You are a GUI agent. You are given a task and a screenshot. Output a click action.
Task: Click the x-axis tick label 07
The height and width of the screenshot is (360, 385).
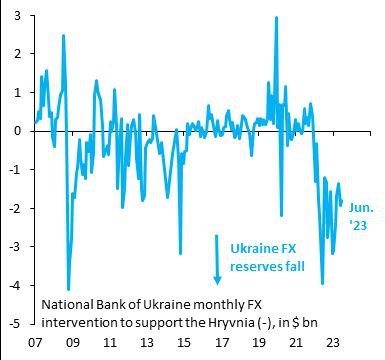(35, 342)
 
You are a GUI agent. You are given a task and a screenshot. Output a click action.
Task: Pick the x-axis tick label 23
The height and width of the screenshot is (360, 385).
(336, 342)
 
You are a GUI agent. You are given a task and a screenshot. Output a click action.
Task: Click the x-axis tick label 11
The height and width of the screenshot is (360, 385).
(110, 342)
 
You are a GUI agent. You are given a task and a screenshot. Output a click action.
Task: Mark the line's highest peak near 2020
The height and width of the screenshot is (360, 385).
(275, 17)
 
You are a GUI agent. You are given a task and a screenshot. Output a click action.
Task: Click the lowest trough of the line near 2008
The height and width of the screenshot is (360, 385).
(68, 289)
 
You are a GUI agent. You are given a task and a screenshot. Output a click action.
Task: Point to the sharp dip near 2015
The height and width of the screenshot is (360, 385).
(181, 253)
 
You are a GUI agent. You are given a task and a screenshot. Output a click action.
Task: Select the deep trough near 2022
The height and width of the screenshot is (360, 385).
(322, 284)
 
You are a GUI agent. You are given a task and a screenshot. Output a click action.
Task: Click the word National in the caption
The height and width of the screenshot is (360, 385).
(69, 303)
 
